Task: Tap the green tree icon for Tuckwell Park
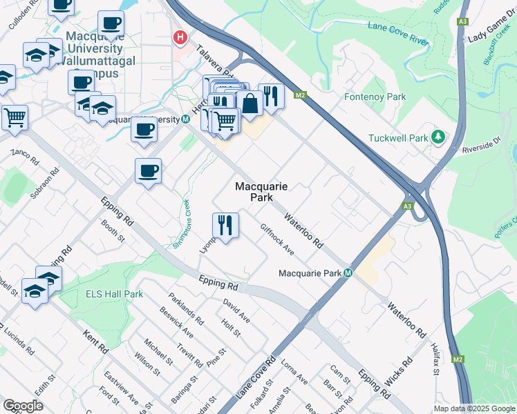click(437, 137)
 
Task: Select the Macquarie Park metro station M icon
click(348, 273)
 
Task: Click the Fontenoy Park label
click(375, 97)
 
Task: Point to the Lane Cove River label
click(399, 34)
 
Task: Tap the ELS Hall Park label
click(114, 294)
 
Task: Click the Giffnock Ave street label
click(277, 239)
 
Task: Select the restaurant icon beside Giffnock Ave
click(225, 225)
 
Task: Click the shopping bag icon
click(250, 103)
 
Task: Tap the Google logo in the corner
click(23, 406)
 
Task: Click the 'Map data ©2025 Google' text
click(474, 408)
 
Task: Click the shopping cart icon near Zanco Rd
click(15, 117)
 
